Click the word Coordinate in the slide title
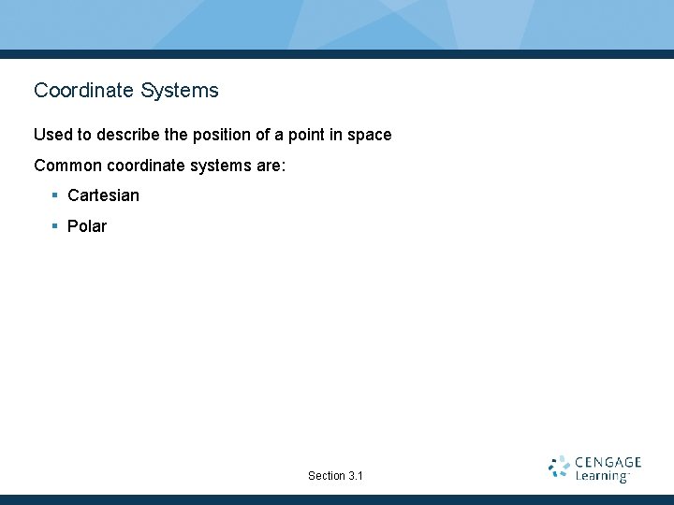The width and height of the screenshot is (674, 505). (x=85, y=91)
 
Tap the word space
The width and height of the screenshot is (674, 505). (x=369, y=135)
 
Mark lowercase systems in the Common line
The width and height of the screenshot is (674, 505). (x=221, y=166)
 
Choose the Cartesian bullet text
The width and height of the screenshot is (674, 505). (x=103, y=195)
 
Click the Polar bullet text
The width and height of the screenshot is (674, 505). (x=87, y=226)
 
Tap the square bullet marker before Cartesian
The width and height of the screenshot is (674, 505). (x=55, y=195)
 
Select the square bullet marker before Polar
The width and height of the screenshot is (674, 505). (x=55, y=225)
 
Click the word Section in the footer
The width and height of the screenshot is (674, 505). (x=326, y=476)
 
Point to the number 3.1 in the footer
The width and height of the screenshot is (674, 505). (x=355, y=476)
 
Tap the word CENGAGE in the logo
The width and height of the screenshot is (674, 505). (x=608, y=462)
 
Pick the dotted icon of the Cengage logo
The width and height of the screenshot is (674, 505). (x=559, y=468)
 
